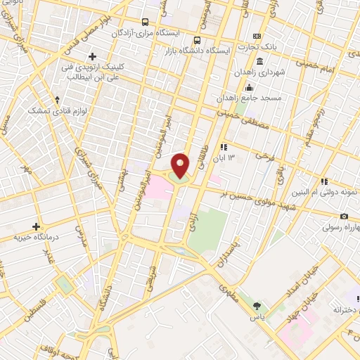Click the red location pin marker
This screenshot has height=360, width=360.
181,165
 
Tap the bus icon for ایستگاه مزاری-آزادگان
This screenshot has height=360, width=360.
144,22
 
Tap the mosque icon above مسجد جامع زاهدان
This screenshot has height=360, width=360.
248,87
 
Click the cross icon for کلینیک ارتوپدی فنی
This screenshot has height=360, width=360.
92,56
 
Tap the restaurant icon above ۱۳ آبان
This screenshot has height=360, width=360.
223,147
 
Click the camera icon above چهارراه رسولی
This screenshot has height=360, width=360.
344,217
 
